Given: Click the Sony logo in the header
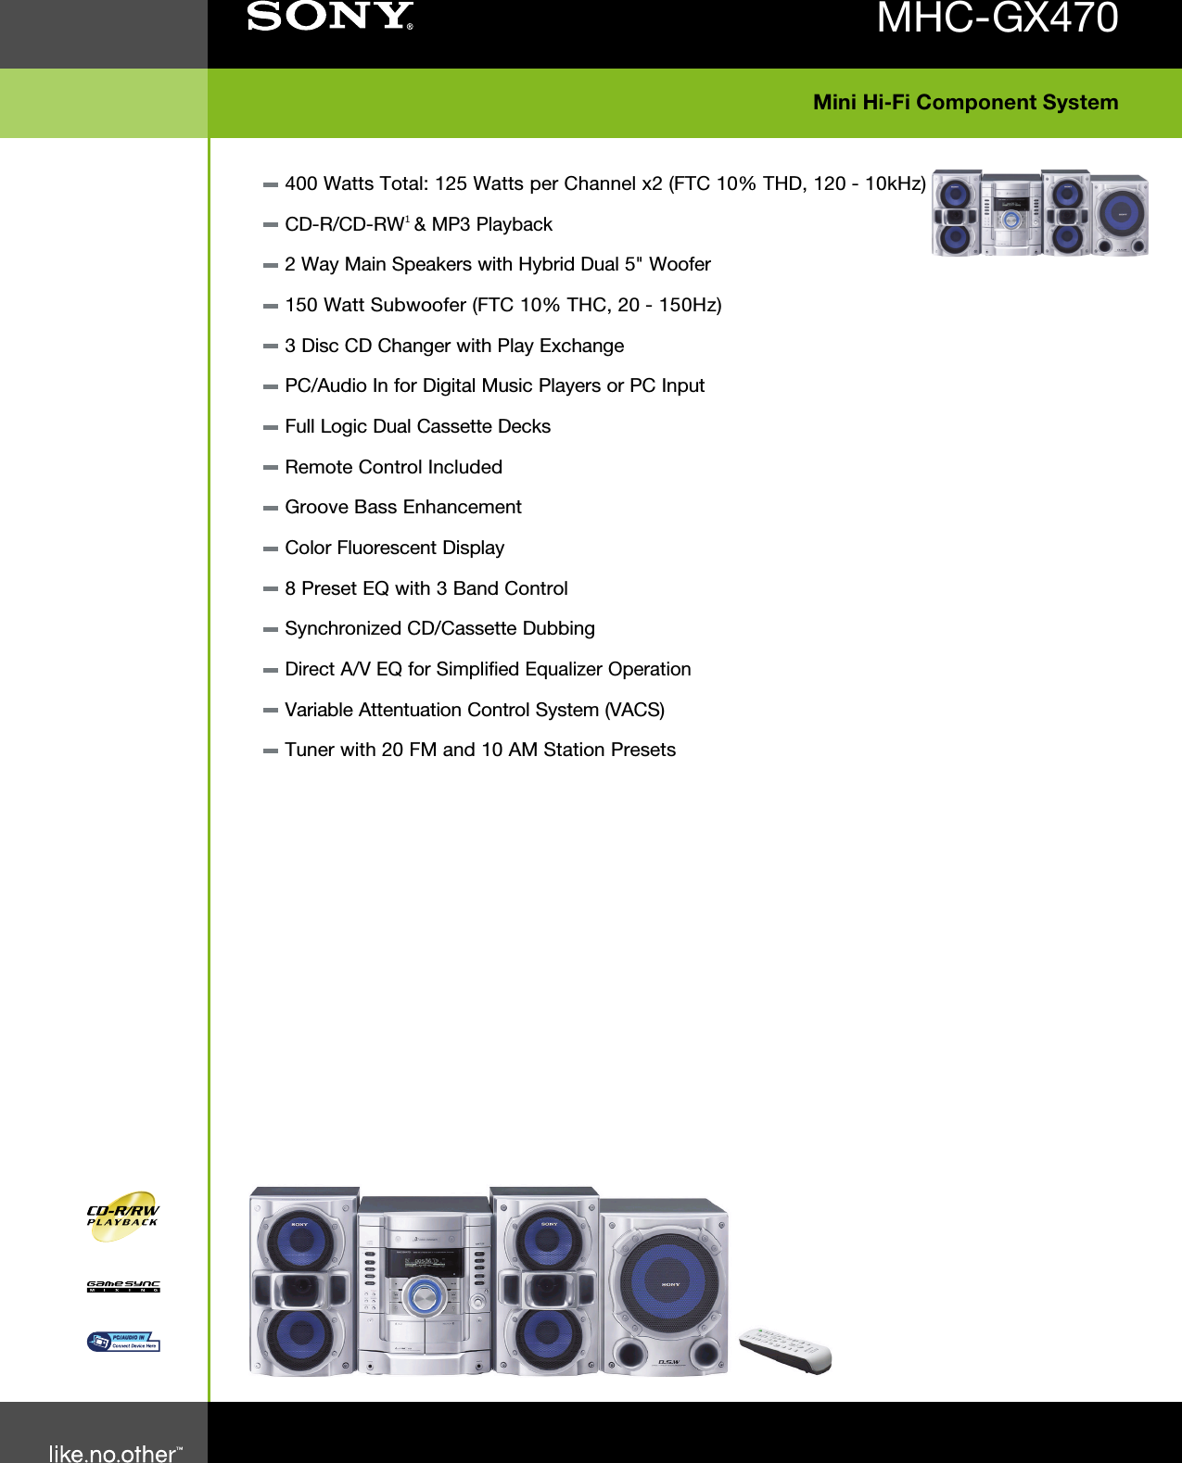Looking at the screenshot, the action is click(x=329, y=17).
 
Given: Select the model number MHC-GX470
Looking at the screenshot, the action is click(x=997, y=19).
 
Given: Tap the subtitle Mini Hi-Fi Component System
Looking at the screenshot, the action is click(x=965, y=102).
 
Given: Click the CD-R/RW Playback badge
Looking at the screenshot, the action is click(x=122, y=1216).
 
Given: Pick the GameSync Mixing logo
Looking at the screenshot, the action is click(x=123, y=1286).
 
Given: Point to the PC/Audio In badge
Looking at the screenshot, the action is click(x=123, y=1342).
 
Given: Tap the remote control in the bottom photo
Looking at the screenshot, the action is click(x=785, y=1349).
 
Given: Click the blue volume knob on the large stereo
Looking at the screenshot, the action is click(x=423, y=1296).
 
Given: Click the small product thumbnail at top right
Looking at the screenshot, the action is click(x=1039, y=213).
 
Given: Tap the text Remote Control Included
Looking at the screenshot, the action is click(x=393, y=467).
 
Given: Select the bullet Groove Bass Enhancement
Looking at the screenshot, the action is click(x=402, y=507).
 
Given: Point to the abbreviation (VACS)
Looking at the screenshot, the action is click(x=635, y=710).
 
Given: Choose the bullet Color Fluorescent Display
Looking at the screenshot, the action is click(x=394, y=548).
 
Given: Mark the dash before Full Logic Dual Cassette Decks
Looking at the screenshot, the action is click(x=270, y=427).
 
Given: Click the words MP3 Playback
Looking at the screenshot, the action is click(x=491, y=224).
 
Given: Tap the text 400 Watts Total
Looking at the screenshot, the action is click(x=356, y=183).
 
